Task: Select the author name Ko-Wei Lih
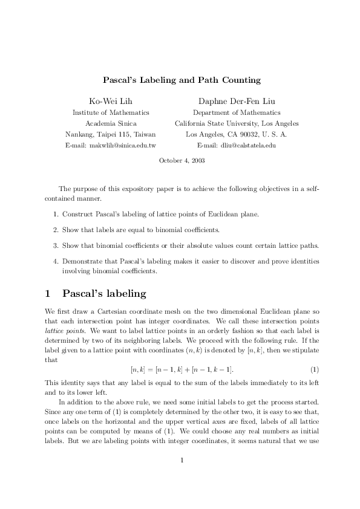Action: (x=111, y=100)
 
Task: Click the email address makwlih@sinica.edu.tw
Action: (x=111, y=146)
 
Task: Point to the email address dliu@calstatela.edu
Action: (x=245, y=146)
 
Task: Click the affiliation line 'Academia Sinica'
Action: (x=111, y=123)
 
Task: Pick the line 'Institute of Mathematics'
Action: (x=111, y=112)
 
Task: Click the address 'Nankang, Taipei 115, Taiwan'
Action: (x=111, y=134)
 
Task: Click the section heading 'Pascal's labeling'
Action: (x=104, y=294)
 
